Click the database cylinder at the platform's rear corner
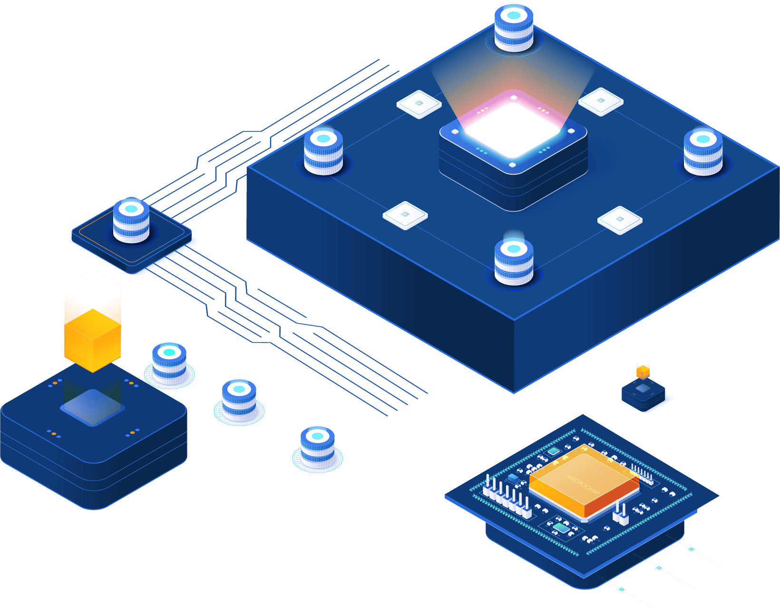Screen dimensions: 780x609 click(513, 28)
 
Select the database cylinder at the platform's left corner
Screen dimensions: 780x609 click(323, 151)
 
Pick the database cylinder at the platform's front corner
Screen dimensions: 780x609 click(514, 262)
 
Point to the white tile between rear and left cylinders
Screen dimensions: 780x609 click(419, 104)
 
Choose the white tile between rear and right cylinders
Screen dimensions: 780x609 click(601, 102)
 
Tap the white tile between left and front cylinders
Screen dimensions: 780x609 click(405, 216)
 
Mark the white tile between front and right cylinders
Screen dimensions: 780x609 click(620, 220)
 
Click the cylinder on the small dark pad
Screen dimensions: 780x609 click(131, 221)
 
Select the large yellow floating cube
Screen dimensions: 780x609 click(93, 340)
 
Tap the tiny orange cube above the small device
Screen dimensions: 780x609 click(643, 372)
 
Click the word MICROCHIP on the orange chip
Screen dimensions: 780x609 click(583, 484)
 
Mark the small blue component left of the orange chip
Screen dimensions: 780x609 click(513, 478)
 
